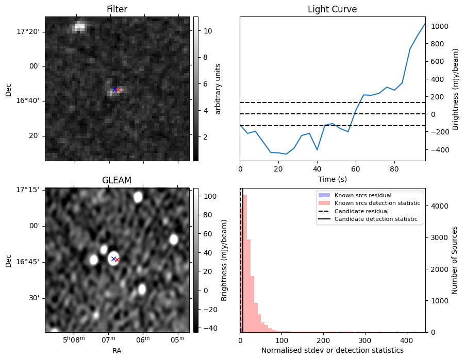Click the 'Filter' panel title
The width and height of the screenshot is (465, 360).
pos(117,9)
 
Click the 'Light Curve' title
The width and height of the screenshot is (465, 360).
pos(332,9)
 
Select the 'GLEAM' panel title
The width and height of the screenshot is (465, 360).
pos(117,180)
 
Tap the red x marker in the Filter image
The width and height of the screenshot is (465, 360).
pos(118,90)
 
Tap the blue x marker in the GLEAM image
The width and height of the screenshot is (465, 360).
pos(113,258)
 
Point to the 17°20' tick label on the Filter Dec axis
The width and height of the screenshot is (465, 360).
pos(28,31)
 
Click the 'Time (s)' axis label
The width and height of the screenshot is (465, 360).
pos(332,180)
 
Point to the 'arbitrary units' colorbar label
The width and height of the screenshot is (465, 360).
pos(218,89)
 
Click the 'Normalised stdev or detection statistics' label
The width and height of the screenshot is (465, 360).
pos(332,350)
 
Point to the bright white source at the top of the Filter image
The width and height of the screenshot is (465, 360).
pos(79,27)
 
